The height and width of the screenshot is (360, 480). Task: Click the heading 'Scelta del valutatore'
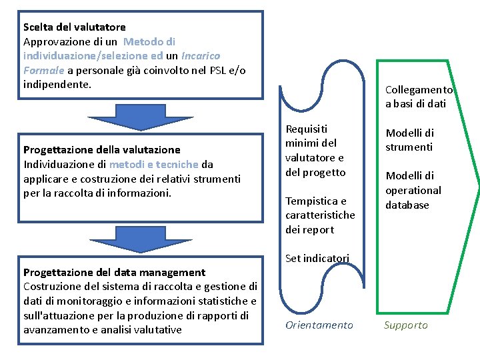(x=74, y=27)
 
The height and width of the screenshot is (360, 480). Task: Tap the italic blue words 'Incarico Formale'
(x=120, y=63)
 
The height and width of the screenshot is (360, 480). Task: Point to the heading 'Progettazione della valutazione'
(x=101, y=149)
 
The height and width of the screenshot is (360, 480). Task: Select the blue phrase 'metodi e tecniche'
(x=153, y=164)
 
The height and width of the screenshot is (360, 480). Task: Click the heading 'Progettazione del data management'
(x=114, y=272)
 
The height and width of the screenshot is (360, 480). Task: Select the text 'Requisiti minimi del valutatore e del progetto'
(x=315, y=151)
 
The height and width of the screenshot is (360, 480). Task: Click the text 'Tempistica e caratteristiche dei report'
(x=320, y=215)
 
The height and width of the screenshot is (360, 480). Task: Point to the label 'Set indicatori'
(x=317, y=258)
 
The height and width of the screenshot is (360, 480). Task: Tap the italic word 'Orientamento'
(x=319, y=325)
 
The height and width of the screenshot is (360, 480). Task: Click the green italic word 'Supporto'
(x=405, y=325)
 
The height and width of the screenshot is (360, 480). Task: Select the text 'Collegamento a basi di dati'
(x=419, y=97)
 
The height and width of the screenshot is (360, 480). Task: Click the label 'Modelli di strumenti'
(x=409, y=140)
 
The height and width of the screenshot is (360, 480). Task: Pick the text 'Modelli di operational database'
(x=413, y=190)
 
